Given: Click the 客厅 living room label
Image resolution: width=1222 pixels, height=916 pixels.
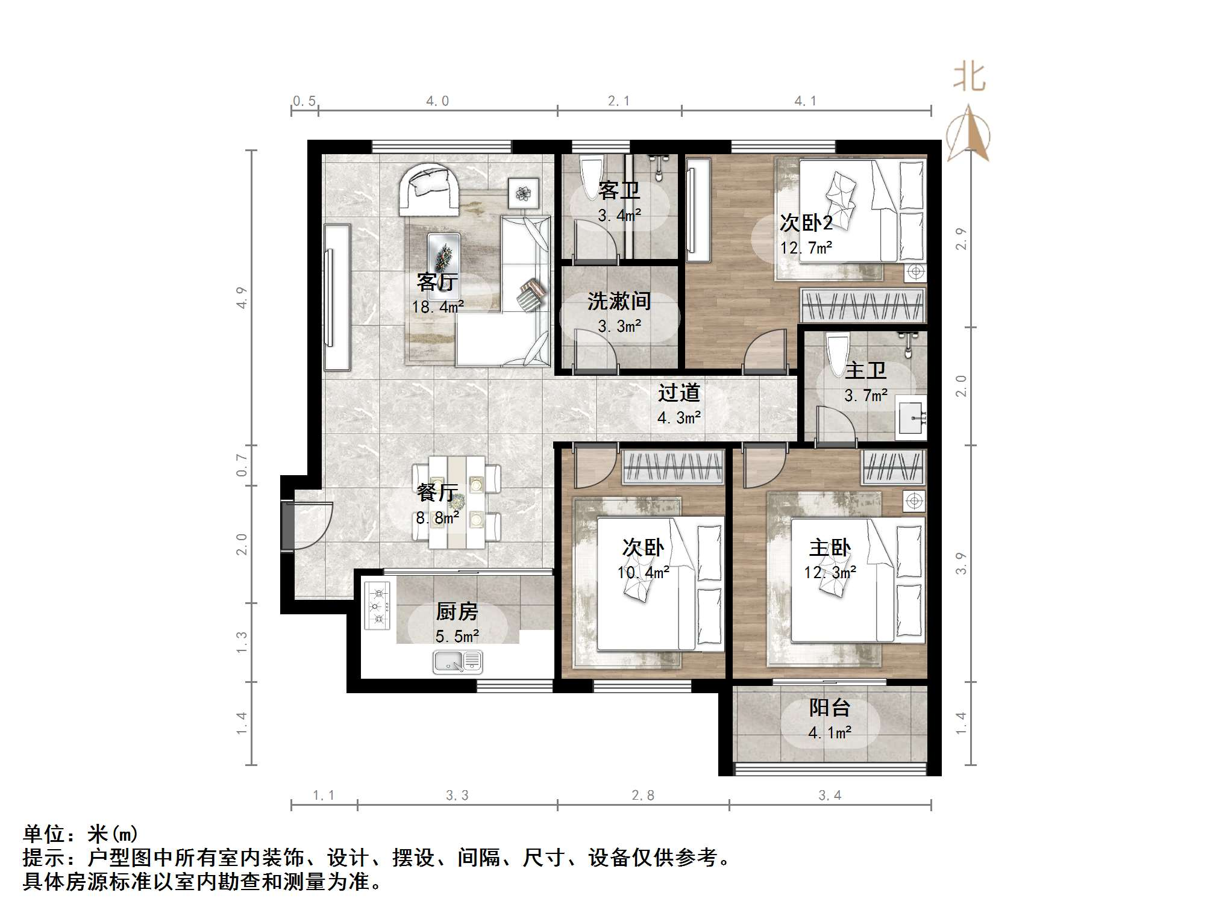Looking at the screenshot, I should click(x=437, y=281).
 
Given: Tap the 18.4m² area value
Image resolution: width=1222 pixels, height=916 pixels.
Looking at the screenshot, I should click(x=437, y=307).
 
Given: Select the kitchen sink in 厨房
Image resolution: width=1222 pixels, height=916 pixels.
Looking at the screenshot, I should click(x=457, y=662).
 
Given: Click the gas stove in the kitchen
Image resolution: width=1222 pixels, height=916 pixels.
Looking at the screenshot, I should click(x=377, y=605).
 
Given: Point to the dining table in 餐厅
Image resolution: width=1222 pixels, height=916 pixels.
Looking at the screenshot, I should click(x=457, y=502).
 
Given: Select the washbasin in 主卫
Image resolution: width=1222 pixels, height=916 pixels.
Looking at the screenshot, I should click(x=911, y=417).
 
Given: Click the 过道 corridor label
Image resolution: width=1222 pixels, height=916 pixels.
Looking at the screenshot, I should click(x=678, y=393).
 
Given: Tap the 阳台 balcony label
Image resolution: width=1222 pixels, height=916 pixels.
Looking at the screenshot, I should click(x=829, y=708).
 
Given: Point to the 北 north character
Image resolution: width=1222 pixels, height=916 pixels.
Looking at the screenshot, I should click(x=968, y=78).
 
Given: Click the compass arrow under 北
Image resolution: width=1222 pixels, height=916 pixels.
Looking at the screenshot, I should click(x=968, y=134).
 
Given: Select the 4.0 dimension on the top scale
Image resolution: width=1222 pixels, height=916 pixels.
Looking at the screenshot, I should click(x=437, y=101).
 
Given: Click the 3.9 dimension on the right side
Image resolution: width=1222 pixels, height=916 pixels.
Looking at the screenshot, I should click(x=961, y=563).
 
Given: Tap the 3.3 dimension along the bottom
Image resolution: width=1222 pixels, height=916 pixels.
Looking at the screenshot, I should click(x=457, y=796).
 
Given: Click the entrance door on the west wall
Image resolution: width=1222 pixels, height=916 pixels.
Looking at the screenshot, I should click(x=288, y=525).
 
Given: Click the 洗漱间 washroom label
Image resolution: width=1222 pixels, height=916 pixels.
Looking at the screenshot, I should click(x=619, y=301).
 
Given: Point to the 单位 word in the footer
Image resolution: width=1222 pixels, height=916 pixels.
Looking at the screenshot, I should click(x=43, y=834).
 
